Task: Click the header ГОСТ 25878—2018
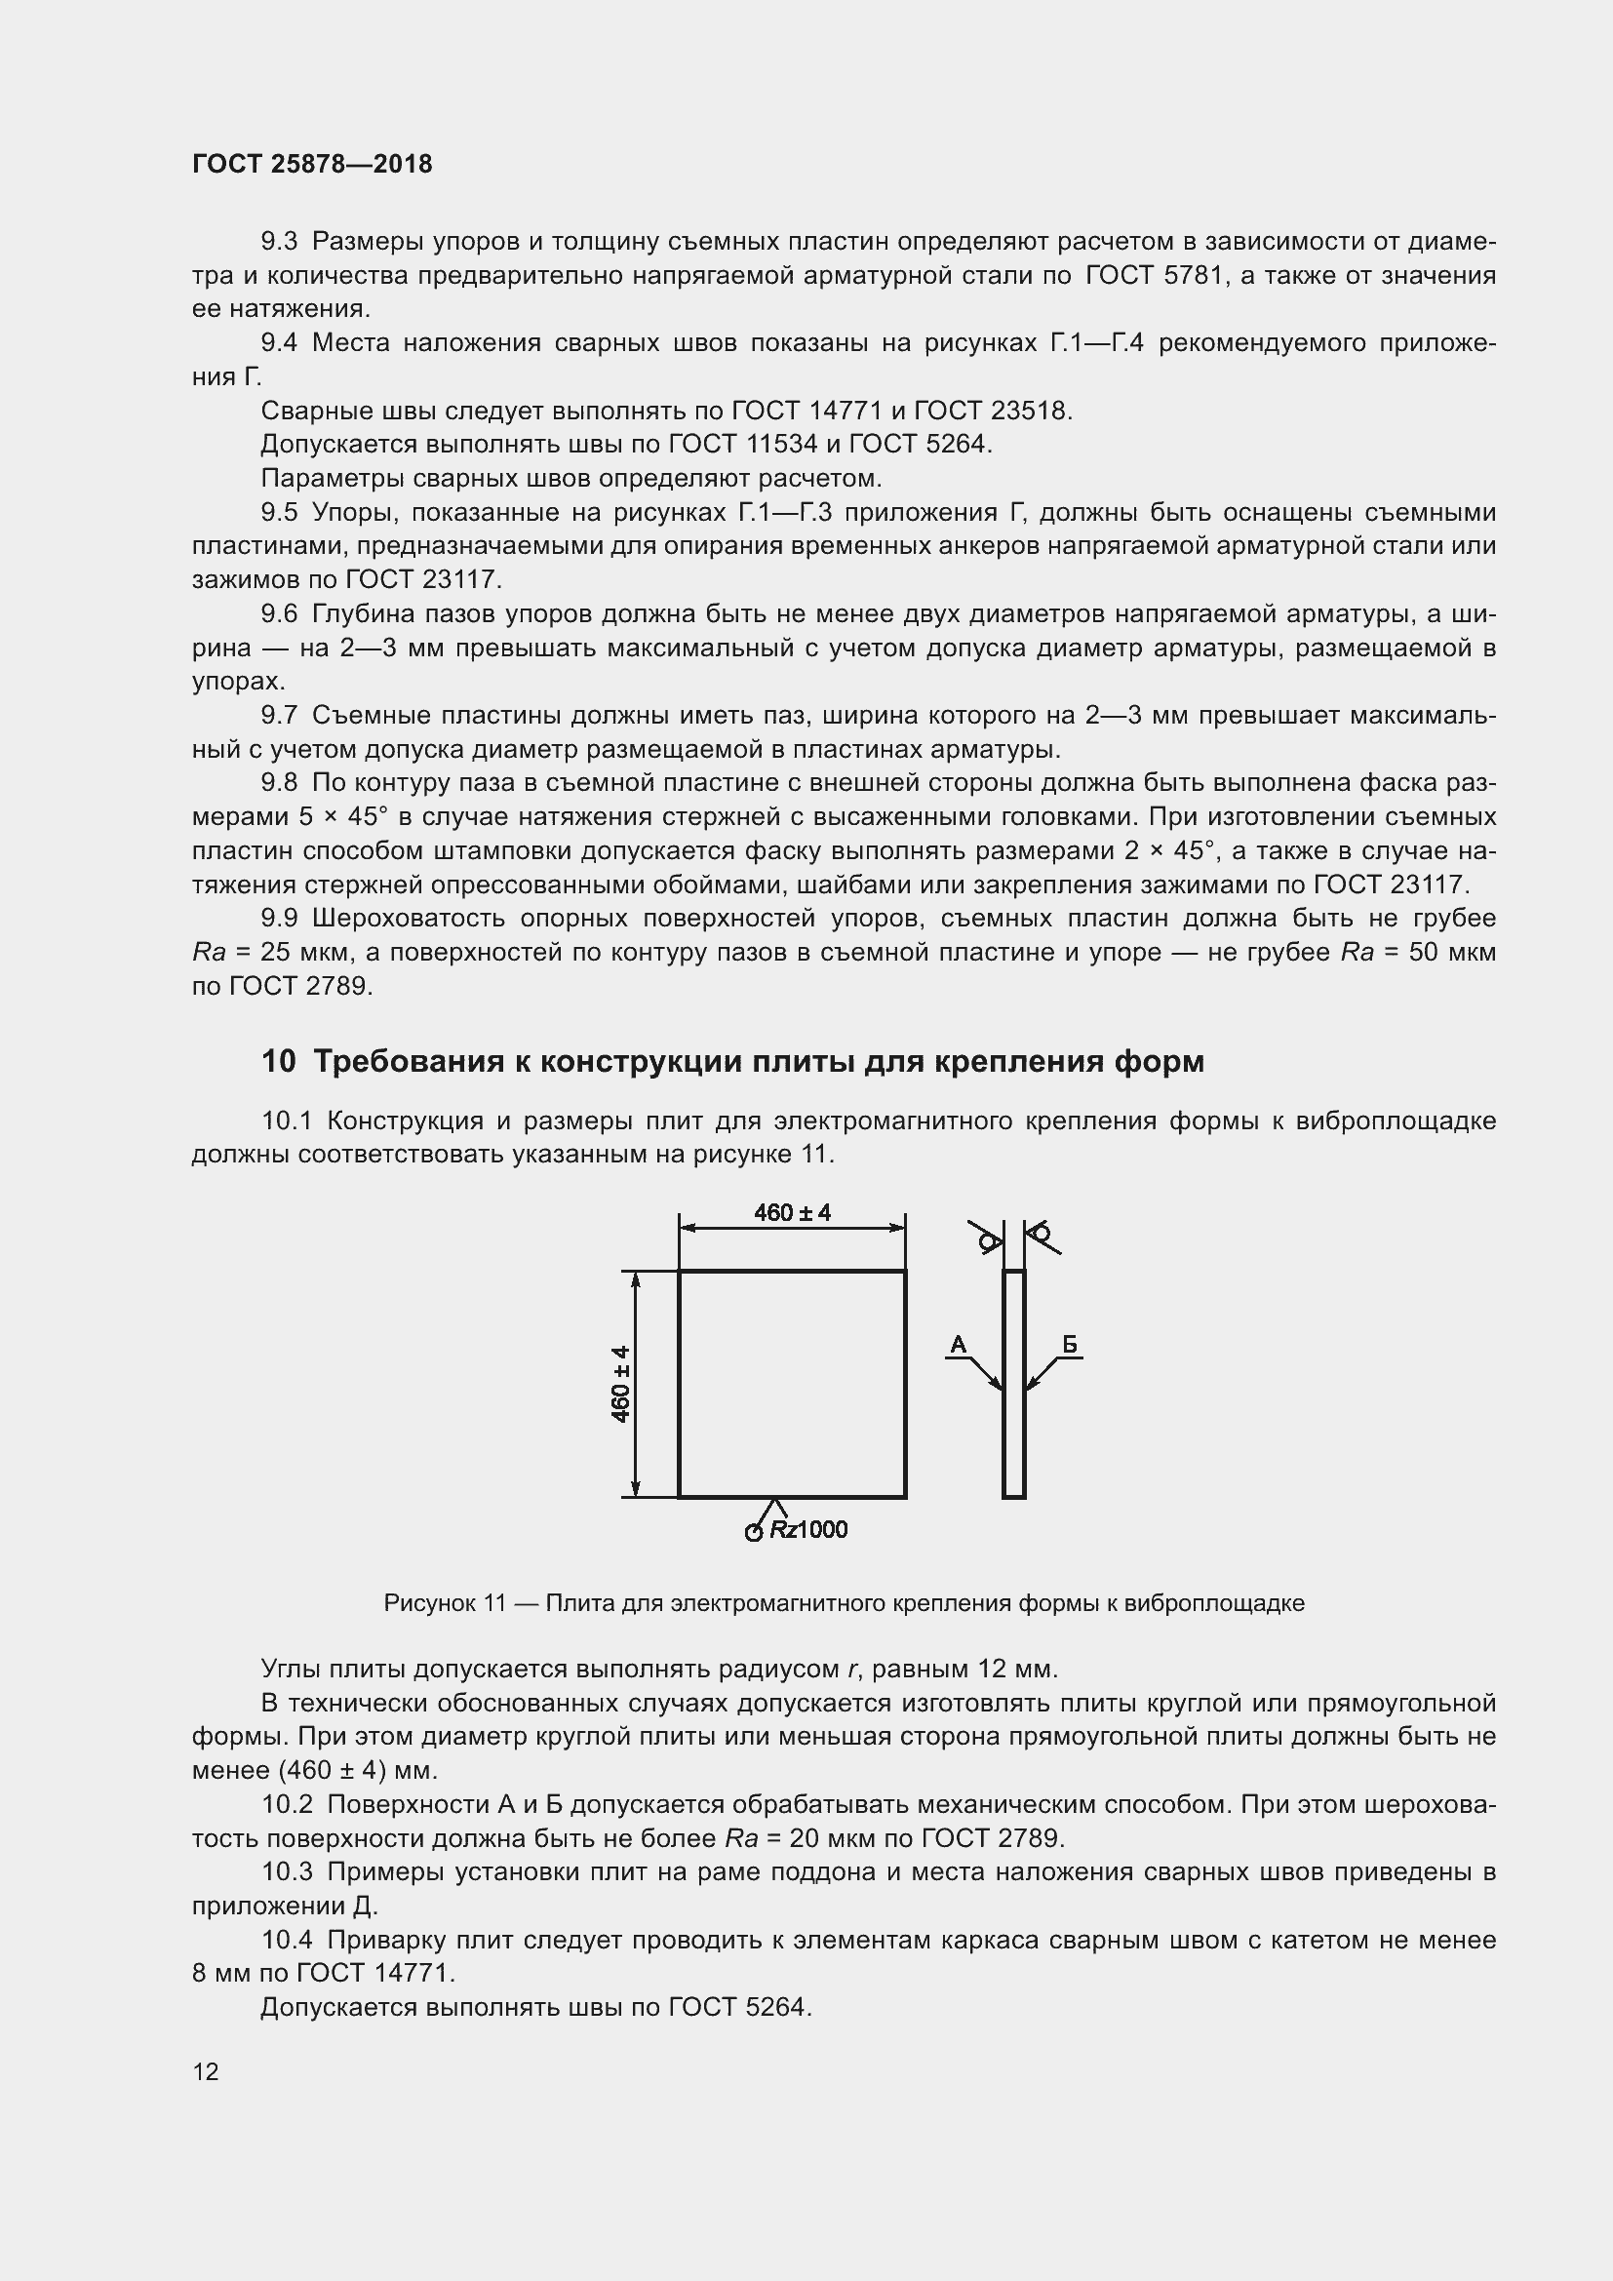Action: click(312, 165)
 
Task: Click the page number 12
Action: click(206, 2071)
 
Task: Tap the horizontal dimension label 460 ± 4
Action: click(792, 1212)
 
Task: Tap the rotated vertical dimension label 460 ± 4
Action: click(621, 1384)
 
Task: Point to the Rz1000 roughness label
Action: click(807, 1530)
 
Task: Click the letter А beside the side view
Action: click(958, 1345)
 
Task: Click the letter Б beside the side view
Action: click(1070, 1345)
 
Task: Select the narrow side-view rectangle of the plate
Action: click(1013, 1384)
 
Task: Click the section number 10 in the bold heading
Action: click(278, 1062)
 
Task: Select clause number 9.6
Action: click(279, 614)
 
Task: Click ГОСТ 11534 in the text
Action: click(744, 444)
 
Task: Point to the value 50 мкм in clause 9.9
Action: click(1451, 952)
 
